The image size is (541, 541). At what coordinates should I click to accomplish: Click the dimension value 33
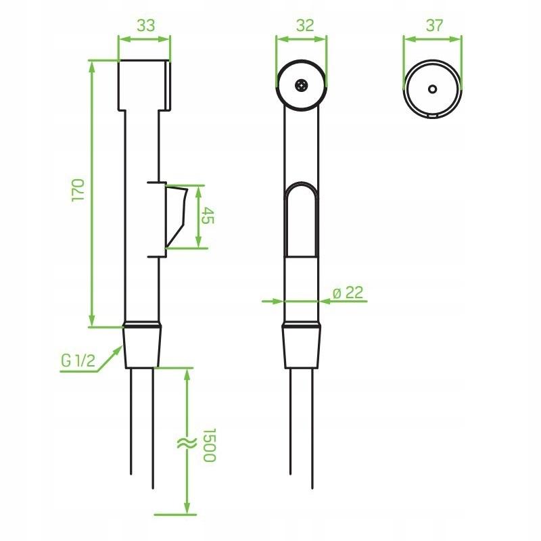click(145, 26)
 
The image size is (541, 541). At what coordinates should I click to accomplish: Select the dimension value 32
click(305, 26)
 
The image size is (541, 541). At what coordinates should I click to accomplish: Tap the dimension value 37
click(433, 26)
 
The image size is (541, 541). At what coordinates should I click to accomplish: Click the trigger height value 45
click(209, 216)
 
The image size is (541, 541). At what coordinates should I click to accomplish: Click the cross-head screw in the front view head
click(302, 85)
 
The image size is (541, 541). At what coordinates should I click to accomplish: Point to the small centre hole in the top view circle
click(433, 89)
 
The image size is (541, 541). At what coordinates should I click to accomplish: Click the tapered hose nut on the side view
click(143, 347)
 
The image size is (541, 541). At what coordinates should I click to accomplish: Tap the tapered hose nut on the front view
click(302, 347)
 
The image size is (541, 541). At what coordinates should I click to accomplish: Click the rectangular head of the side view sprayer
click(144, 85)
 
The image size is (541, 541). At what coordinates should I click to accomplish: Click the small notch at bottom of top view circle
click(433, 117)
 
